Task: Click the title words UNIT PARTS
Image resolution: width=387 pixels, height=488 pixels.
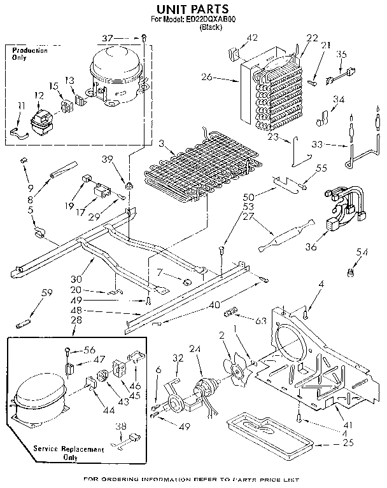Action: [192, 10]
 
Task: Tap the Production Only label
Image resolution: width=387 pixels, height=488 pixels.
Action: [29, 54]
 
